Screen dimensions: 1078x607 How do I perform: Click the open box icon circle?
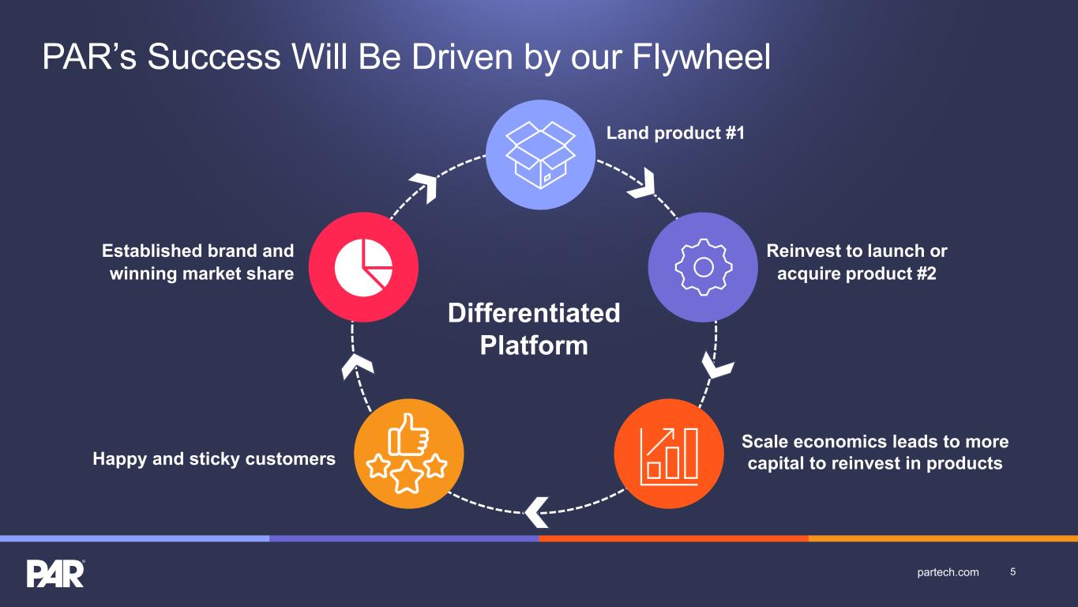tap(540, 154)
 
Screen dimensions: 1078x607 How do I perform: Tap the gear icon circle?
tap(703, 267)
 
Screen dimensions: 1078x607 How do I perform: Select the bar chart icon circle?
tap(669, 454)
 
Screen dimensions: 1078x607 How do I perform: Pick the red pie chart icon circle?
tap(363, 267)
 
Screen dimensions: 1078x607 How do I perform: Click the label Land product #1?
tap(675, 134)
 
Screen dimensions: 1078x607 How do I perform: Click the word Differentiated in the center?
tap(534, 313)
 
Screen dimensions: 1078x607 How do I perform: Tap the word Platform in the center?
tap(534, 345)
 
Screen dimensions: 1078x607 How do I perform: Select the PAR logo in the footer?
tap(55, 573)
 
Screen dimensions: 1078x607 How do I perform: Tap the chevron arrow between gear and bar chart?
tap(717, 367)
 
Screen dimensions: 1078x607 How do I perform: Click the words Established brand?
tap(197, 251)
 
